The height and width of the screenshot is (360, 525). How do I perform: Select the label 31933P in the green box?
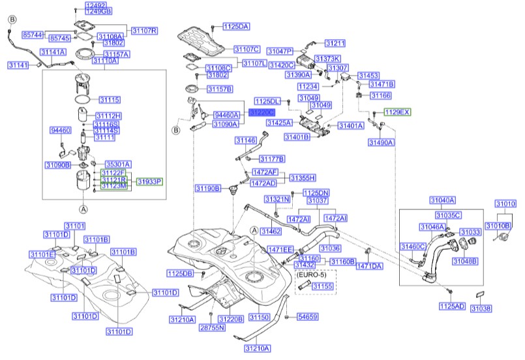pyautogui.click(x=149, y=181)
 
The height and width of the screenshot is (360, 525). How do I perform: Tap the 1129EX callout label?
pyautogui.click(x=397, y=112)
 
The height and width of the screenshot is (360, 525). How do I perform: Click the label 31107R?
pyautogui.click(x=145, y=31)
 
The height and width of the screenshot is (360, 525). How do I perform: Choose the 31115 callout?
pyautogui.click(x=110, y=100)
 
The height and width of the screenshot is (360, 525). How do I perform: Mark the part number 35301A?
pyautogui.click(x=118, y=164)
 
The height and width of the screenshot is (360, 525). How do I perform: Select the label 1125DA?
pyautogui.click(x=236, y=27)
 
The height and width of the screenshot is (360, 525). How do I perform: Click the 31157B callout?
pyautogui.click(x=220, y=88)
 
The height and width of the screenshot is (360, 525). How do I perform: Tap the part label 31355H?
pyautogui.click(x=303, y=177)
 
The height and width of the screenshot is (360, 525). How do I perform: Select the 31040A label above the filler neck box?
pyautogui.click(x=442, y=200)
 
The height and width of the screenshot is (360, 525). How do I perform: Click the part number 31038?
pyautogui.click(x=481, y=308)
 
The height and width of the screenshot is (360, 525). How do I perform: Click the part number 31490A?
pyautogui.click(x=381, y=142)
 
